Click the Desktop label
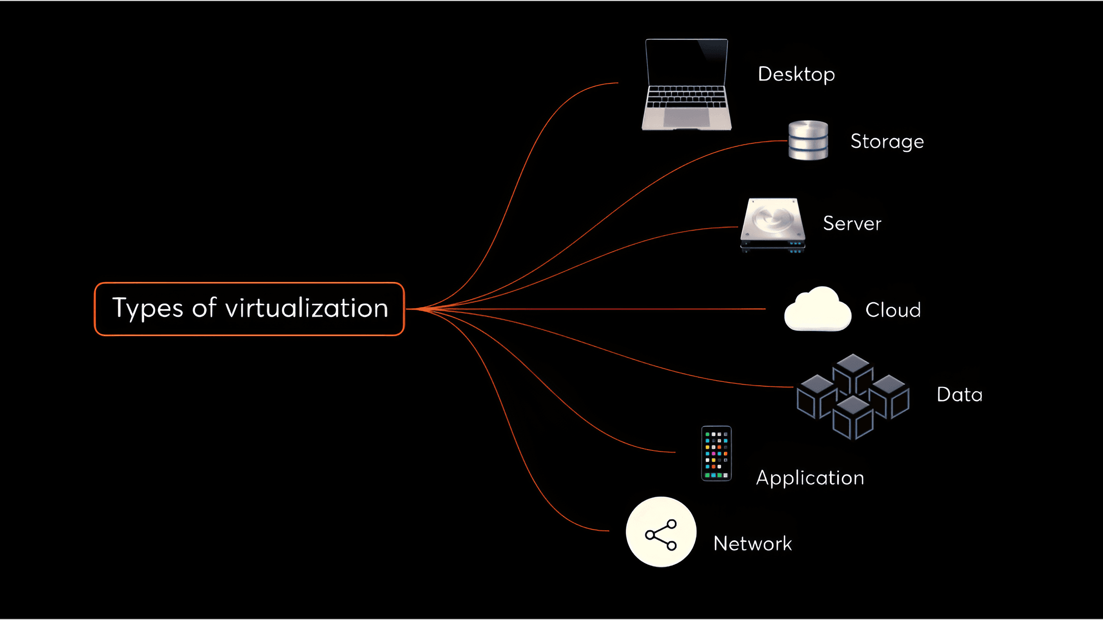pyautogui.click(x=796, y=74)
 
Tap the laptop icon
pyautogui.click(x=687, y=85)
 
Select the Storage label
pyautogui.click(x=887, y=141)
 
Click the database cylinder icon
pyautogui.click(x=808, y=140)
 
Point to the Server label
pyautogui.click(x=852, y=223)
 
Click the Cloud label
pyautogui.click(x=893, y=310)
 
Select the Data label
pyautogui.click(x=960, y=394)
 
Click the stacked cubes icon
pyautogui.click(x=853, y=397)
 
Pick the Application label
pyautogui.click(x=810, y=478)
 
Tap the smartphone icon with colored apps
pyautogui.click(x=717, y=454)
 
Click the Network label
pyautogui.click(x=752, y=543)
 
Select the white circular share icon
pyautogui.click(x=661, y=532)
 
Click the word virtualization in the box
pyautogui.click(x=307, y=308)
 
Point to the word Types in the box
pyautogui.click(x=148, y=309)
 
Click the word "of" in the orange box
pyautogui.click(x=204, y=308)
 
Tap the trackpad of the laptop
pyautogui.click(x=687, y=117)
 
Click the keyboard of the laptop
pyautogui.click(x=687, y=97)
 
